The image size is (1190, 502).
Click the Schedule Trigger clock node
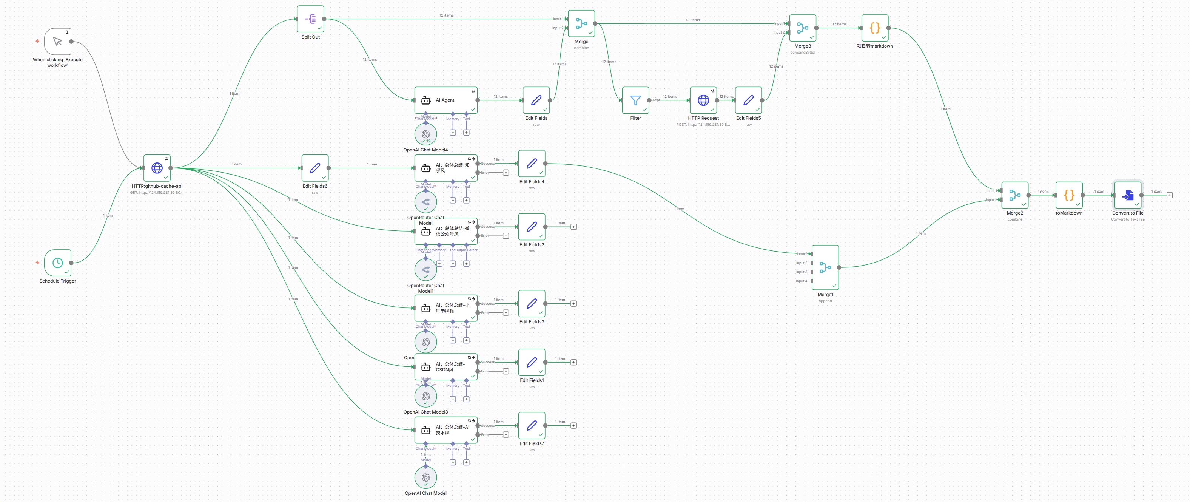click(x=57, y=263)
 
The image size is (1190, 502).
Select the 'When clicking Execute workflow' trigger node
click(x=57, y=42)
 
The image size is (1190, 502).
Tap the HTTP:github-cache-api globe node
click(x=157, y=168)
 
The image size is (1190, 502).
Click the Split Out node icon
click(x=310, y=19)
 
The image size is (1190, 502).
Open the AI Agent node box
click(x=445, y=100)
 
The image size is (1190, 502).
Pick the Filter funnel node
click(x=636, y=100)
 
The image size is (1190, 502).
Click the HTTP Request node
click(x=703, y=100)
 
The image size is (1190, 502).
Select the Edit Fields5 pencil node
click(x=748, y=100)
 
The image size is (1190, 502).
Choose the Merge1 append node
click(x=825, y=267)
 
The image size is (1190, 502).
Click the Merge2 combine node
click(x=1014, y=195)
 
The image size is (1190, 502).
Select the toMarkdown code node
click(x=1068, y=195)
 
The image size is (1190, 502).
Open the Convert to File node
click(x=1128, y=195)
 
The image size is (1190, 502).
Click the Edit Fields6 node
click(x=315, y=168)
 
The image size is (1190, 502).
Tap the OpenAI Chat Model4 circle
click(x=425, y=134)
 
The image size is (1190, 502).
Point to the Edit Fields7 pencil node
click(x=532, y=425)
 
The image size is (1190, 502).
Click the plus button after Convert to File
click(x=1169, y=195)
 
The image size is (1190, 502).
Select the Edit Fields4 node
click(x=532, y=163)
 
